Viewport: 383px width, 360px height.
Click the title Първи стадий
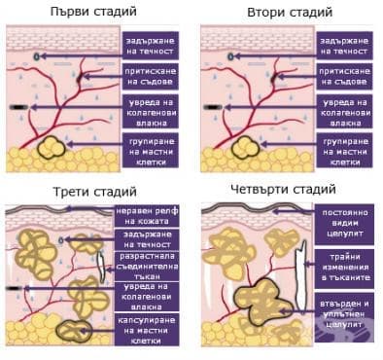click(95, 11)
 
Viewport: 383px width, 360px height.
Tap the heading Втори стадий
click(288, 11)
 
